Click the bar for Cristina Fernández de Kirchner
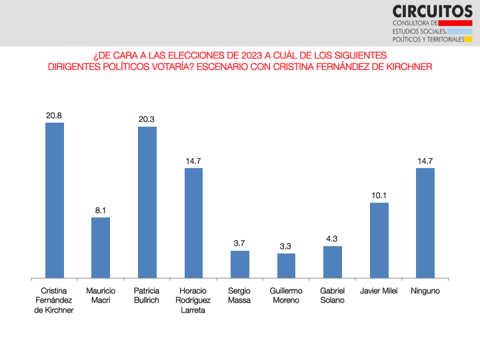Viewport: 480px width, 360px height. (x=55, y=200)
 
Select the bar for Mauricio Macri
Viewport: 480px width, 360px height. (x=101, y=247)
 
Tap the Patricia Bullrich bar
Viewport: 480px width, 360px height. (x=147, y=202)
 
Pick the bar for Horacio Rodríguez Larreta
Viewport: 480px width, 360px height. (x=193, y=223)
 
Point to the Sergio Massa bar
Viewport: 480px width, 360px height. (x=240, y=264)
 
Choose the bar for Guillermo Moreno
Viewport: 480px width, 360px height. (x=286, y=265)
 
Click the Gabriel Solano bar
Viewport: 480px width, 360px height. (x=333, y=262)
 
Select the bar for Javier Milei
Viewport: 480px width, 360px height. (x=379, y=240)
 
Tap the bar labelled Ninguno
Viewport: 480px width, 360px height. (x=425, y=223)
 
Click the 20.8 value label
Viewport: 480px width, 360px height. (x=55, y=115)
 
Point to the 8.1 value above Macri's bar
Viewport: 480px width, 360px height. (x=101, y=210)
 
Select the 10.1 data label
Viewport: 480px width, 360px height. (x=379, y=195)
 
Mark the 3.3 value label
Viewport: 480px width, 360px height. (x=286, y=246)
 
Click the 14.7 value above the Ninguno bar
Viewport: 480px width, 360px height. (x=425, y=161)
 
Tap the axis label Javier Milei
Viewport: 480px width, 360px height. (x=379, y=291)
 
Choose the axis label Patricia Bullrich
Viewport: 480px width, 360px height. (x=147, y=296)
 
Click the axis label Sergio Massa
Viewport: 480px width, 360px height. (x=240, y=296)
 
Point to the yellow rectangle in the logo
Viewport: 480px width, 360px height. (x=468, y=39)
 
